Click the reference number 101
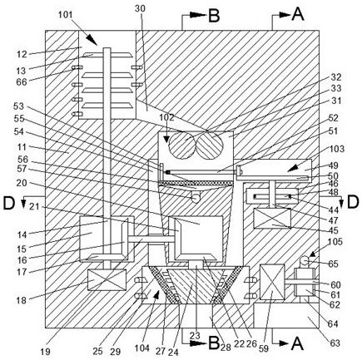click(65, 15)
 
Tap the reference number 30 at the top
click(140, 8)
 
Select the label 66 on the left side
click(21, 82)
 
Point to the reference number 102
click(166, 117)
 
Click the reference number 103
click(337, 149)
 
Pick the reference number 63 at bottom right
click(335, 343)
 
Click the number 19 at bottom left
click(45, 352)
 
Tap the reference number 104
click(142, 348)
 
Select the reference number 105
click(335, 242)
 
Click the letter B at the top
click(214, 16)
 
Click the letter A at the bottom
click(296, 343)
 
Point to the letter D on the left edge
click(8, 203)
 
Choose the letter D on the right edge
click(353, 203)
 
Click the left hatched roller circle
click(181, 145)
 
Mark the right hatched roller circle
click(210, 145)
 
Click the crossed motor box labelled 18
click(107, 280)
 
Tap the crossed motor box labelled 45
click(272, 219)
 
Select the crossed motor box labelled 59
click(272, 282)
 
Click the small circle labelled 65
click(305, 260)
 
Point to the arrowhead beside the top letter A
click(285, 15)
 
